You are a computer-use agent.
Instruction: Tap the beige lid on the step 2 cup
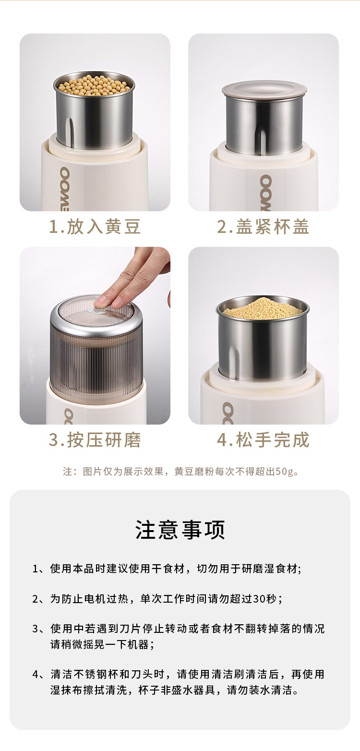[264, 89]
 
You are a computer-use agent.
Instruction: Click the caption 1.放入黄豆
[95, 227]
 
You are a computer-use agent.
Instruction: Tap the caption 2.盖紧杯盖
[263, 227]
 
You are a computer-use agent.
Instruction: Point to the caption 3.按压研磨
[95, 440]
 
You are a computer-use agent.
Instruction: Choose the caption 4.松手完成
[263, 440]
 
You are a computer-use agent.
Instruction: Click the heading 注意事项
[180, 530]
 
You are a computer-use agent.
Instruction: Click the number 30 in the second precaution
[258, 599]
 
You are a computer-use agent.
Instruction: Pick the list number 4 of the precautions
[36, 674]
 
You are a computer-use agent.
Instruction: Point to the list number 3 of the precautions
[36, 629]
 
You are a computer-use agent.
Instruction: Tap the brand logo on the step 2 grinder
[266, 193]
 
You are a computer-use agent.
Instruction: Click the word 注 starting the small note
[67, 472]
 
